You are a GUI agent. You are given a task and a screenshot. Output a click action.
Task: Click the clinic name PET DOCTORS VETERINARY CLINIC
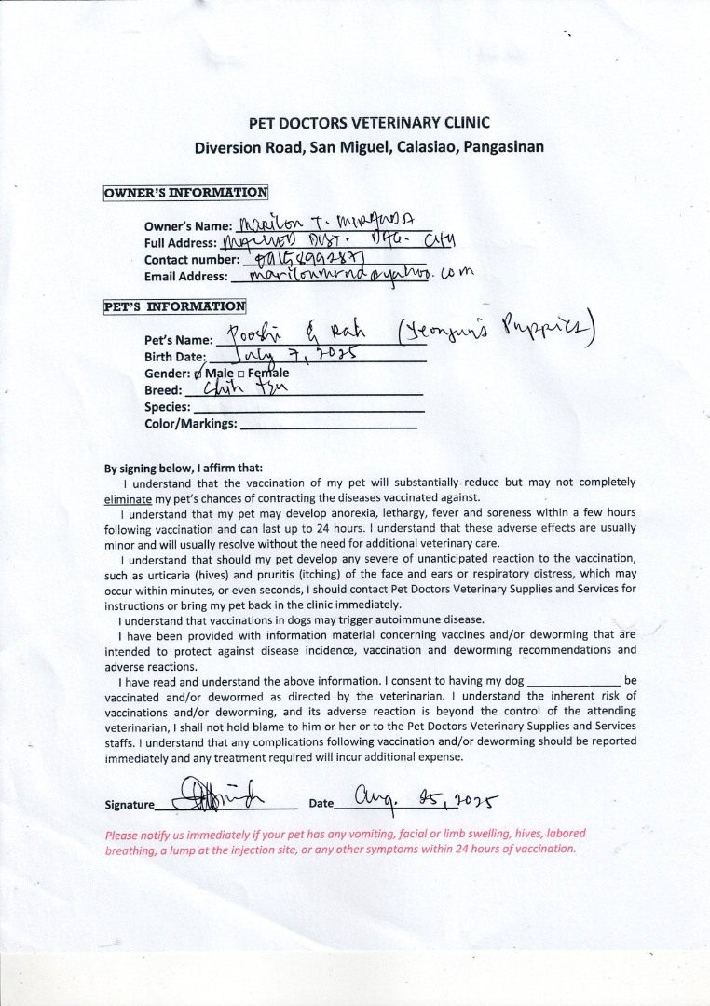pos(369,123)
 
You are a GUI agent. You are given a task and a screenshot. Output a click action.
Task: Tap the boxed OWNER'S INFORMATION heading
pos(185,193)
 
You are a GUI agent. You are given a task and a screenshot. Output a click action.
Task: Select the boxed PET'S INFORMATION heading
pos(175,306)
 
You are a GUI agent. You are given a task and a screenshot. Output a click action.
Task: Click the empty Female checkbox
pos(240,374)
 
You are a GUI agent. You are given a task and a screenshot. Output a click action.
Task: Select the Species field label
pos(168,407)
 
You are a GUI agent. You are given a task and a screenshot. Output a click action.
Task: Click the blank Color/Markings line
pos(328,425)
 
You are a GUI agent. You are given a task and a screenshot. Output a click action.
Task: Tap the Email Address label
pos(186,277)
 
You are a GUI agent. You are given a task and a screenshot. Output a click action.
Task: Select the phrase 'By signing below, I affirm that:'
pos(184,468)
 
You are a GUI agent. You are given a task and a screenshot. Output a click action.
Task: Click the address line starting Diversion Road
pos(369,147)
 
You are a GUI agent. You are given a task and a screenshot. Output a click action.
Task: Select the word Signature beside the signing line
pos(130,805)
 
